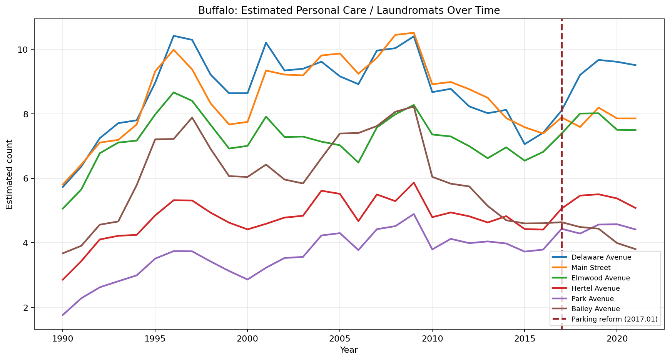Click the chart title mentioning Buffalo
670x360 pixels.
pos(349,10)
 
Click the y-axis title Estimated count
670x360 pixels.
pos(10,174)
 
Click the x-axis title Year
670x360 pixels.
pos(349,350)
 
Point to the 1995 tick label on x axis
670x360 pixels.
pos(155,339)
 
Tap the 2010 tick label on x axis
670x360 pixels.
pos(432,339)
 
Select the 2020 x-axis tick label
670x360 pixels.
pos(617,339)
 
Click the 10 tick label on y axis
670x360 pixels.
pos(25,50)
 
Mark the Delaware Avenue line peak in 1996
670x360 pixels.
pos(174,36)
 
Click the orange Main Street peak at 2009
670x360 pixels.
pos(414,33)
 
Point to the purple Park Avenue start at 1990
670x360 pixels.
pos(63,315)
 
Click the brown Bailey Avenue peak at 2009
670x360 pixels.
pos(414,106)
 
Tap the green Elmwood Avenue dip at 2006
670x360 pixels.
pos(358,163)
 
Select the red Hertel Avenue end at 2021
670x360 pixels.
pos(635,208)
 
